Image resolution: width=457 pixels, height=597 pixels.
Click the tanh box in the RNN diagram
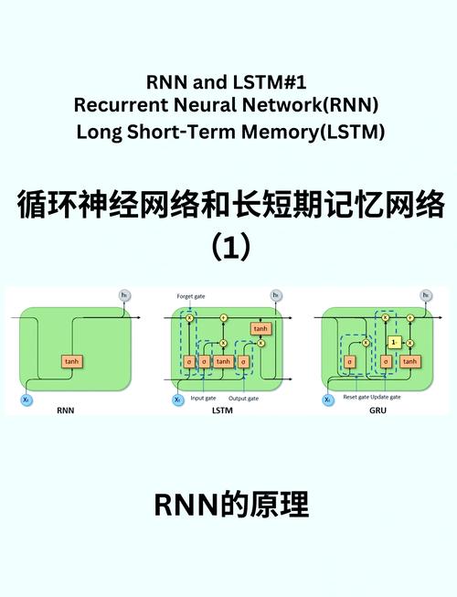pos(72,361)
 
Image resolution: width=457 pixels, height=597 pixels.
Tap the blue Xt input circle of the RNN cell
pos(26,400)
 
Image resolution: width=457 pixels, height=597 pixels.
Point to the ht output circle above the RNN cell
pos(125,294)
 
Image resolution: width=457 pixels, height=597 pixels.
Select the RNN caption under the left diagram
pos(65,410)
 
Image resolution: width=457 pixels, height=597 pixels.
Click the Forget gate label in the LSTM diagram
pos(190,296)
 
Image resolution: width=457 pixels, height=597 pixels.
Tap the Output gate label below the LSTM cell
pos(243,399)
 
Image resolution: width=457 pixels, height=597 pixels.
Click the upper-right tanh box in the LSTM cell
pos(260,328)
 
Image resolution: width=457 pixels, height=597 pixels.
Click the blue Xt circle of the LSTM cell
pos(177,400)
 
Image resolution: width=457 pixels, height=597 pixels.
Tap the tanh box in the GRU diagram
pos(409,361)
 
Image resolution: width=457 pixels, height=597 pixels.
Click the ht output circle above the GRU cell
pos(426,294)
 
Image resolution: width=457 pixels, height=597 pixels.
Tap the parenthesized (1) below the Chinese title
pos(229,247)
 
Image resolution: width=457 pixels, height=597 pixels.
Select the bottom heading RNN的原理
pos(228,504)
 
